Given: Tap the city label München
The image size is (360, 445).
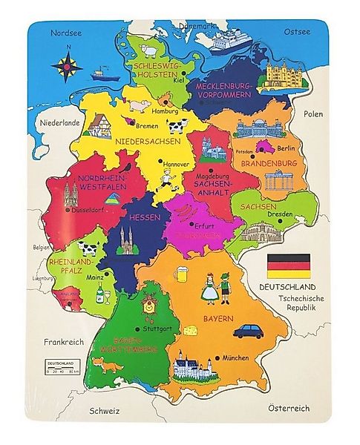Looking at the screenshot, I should (235, 356).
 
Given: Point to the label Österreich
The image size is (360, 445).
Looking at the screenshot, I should (289, 407).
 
